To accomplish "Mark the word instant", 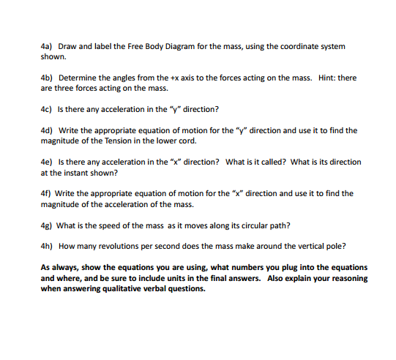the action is click(76, 173).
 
